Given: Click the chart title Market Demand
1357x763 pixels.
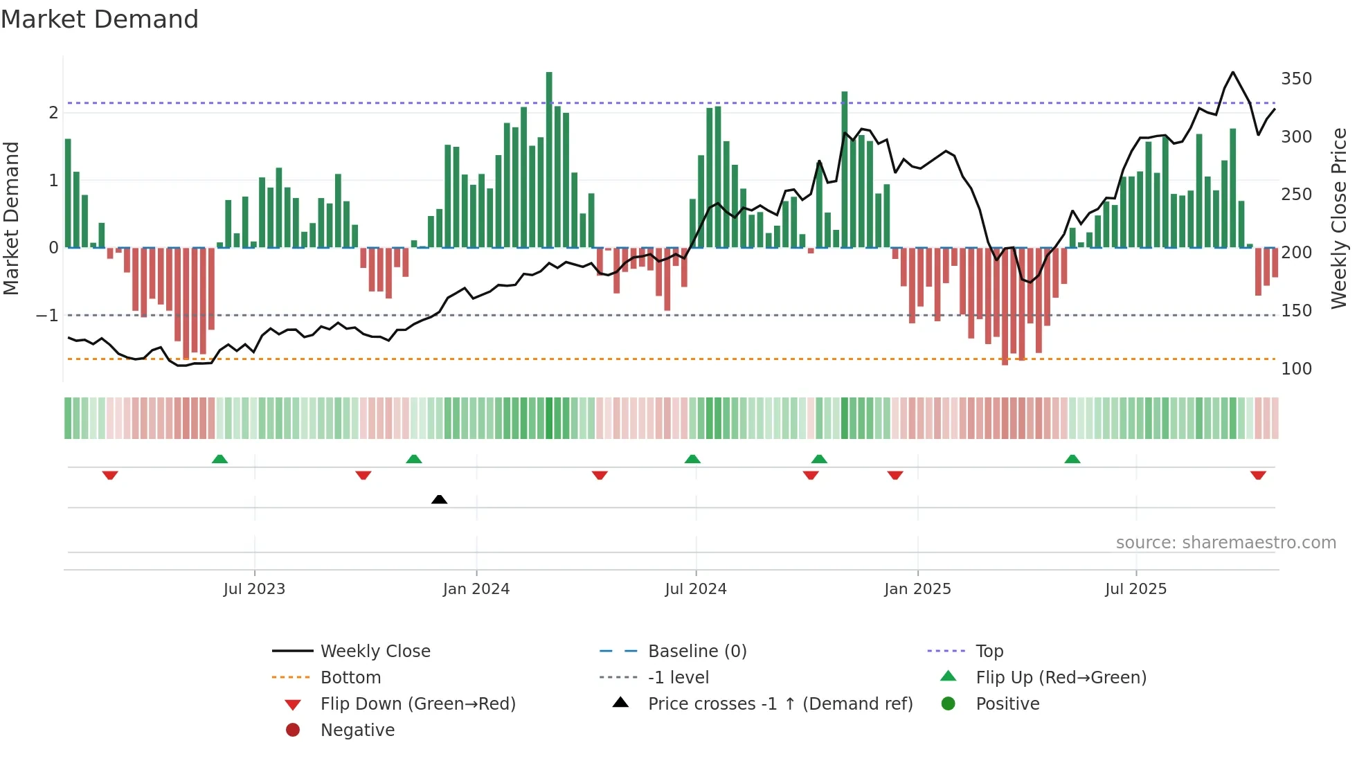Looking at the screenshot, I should tap(100, 19).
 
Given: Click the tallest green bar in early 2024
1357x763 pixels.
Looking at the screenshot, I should tap(549, 159).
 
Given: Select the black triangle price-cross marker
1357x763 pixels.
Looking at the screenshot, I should tap(439, 499).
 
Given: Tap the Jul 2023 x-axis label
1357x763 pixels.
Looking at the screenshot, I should tap(254, 589).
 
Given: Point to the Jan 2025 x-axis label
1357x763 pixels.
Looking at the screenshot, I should tap(917, 589).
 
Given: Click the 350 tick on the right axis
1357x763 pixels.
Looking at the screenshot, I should tap(1296, 79).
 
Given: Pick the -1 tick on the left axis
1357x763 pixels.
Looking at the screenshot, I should tap(48, 316).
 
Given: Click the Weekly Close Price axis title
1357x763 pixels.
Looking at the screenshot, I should tap(1339, 218).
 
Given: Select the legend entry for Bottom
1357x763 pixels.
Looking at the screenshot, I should tap(350, 678).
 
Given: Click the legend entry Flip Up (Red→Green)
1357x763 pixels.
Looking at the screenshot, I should tap(1061, 678).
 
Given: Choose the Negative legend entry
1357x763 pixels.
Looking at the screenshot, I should tap(357, 730).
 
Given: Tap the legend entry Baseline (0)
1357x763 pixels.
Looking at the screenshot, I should tap(697, 652).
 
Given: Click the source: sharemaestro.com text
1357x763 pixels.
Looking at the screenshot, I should tap(1225, 543).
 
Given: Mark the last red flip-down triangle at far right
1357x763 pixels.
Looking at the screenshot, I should tap(1258, 475).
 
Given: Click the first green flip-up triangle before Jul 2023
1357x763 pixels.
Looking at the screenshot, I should tap(219, 459).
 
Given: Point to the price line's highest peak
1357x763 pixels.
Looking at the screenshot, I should tap(1232, 72).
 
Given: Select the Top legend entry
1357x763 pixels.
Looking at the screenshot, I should tap(989, 652).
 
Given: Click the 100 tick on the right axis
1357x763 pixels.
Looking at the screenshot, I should tap(1296, 369).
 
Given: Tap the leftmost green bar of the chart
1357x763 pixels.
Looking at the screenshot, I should tap(68, 194).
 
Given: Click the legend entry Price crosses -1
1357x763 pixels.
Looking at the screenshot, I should tap(780, 704).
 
